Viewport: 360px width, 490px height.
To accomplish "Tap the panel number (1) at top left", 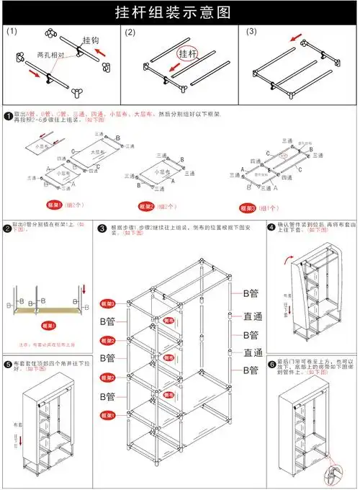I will click(x=12, y=32).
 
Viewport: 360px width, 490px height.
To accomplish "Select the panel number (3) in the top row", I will click(x=251, y=32).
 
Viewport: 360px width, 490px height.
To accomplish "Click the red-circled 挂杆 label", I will click(x=188, y=54).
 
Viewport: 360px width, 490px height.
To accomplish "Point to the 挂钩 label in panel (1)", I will click(x=91, y=40).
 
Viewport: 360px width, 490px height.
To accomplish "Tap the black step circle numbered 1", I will click(x=7, y=115).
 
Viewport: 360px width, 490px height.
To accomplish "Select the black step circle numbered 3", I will click(x=103, y=228).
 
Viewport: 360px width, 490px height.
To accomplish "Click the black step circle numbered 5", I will click(x=7, y=365).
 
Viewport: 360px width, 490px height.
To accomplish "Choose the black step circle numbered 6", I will click(x=272, y=365).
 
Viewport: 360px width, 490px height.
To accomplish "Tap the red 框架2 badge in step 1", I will click(x=148, y=206).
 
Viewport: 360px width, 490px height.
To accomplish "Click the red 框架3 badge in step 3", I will click(x=109, y=303).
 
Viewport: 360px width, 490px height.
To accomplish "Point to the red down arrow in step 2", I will click(x=84, y=289).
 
